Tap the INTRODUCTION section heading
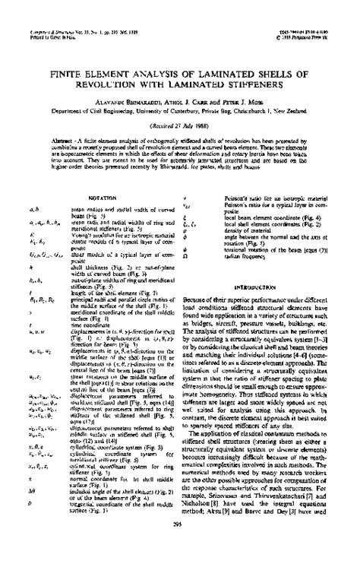[266, 267]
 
